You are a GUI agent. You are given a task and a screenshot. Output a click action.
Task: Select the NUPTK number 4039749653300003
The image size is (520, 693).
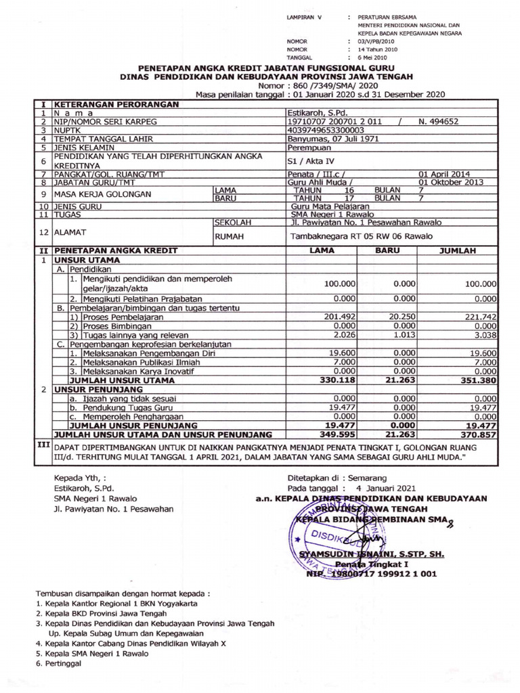point(326,130)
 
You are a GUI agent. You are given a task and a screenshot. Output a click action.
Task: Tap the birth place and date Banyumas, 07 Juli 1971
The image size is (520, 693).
point(332,139)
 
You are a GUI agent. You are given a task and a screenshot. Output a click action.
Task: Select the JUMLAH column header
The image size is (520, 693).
point(460,250)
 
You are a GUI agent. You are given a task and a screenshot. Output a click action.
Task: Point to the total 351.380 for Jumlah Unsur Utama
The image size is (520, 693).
point(477,380)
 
